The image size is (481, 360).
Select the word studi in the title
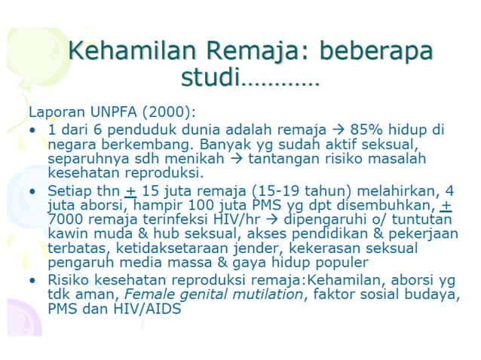pos(210,76)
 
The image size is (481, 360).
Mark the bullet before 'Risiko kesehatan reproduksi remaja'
pos(32,279)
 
